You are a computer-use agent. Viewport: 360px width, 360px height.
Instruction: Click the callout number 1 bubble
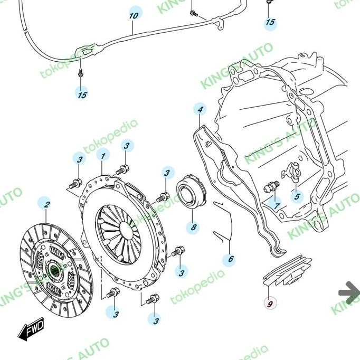[x=103, y=156]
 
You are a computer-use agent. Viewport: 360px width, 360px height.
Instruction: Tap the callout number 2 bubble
[x=46, y=204]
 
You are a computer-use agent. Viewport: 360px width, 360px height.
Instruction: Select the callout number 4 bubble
[x=200, y=110]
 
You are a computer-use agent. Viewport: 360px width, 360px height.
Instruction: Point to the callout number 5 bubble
[x=297, y=197]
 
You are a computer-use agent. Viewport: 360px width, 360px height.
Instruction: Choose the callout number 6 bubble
[x=230, y=259]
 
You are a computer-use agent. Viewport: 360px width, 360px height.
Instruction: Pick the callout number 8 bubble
[x=194, y=228]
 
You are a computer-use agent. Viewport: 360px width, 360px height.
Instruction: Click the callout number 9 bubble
[x=270, y=304]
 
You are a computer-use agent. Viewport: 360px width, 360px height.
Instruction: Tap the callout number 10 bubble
[x=134, y=15]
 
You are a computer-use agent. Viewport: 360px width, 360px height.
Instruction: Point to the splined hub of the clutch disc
[x=54, y=271]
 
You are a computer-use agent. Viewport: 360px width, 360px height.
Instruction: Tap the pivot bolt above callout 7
[x=272, y=187]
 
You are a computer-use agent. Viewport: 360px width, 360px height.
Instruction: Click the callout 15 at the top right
[x=270, y=22]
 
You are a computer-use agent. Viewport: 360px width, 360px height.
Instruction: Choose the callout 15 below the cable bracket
[x=82, y=95]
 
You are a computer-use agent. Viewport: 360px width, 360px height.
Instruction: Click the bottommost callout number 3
[x=154, y=319]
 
